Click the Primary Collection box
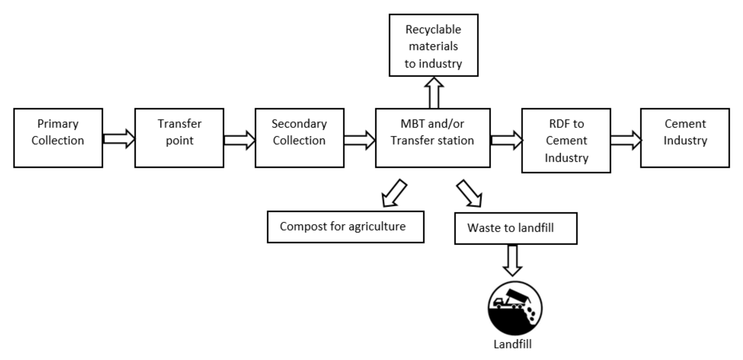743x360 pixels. click(x=58, y=138)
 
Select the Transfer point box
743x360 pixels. click(x=179, y=138)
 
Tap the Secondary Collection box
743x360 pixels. click(x=300, y=138)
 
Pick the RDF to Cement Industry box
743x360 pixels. click(x=566, y=141)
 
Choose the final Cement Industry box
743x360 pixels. click(x=685, y=138)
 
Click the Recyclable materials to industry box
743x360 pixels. click(x=433, y=45)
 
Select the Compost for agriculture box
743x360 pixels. click(x=345, y=227)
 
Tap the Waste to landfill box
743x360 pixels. click(x=515, y=228)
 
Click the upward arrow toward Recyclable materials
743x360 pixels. click(x=434, y=93)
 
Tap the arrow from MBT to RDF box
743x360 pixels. click(x=506, y=140)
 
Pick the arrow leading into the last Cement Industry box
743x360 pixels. click(x=626, y=140)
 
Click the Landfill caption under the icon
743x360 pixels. click(x=512, y=344)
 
